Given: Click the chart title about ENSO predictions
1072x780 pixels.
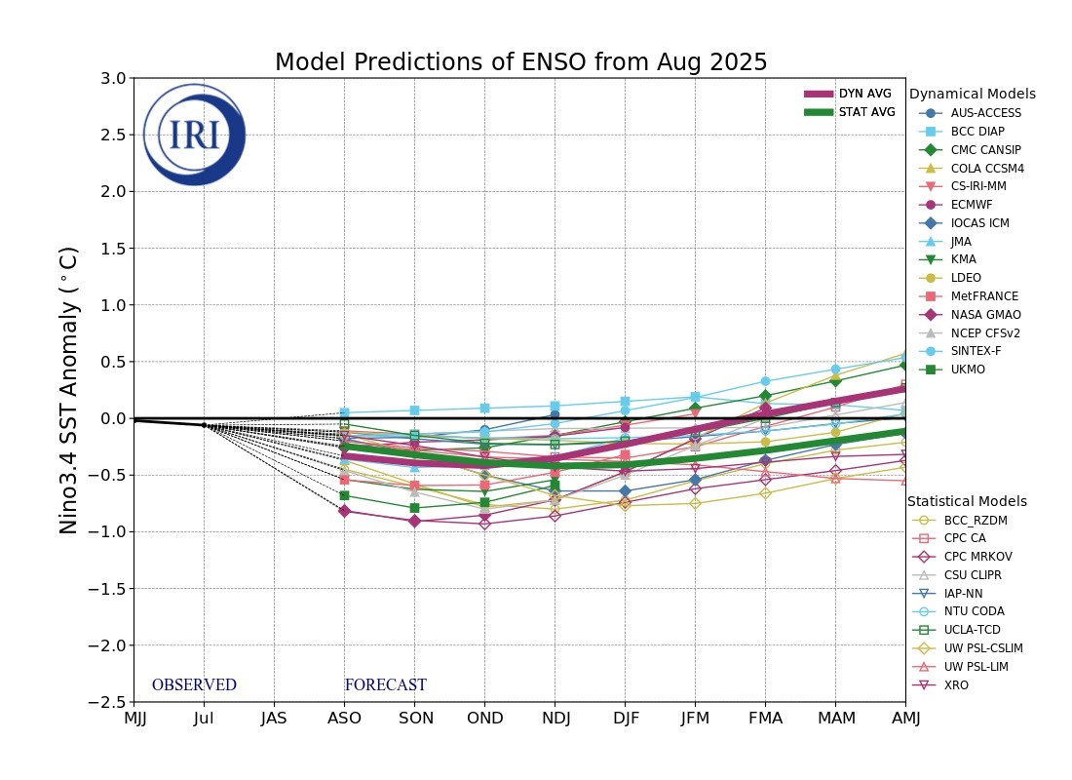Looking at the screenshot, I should pyautogui.click(x=520, y=62).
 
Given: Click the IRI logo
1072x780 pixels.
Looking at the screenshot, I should pyautogui.click(x=194, y=135).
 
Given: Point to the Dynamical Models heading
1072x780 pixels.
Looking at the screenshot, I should pyautogui.click(x=972, y=95).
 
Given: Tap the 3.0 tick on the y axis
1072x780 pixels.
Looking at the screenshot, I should pyautogui.click(x=112, y=78).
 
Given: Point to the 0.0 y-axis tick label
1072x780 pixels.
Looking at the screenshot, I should pyautogui.click(x=112, y=418).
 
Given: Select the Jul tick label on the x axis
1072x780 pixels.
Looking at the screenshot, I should pyautogui.click(x=204, y=720).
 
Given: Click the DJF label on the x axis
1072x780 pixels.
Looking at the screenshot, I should pyautogui.click(x=626, y=720).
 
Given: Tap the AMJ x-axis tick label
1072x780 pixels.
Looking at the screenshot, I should pyautogui.click(x=905, y=720).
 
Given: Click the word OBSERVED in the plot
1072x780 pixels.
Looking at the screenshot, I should pyautogui.click(x=194, y=685).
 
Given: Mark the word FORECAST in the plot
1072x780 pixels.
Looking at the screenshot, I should pyautogui.click(x=385, y=685).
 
